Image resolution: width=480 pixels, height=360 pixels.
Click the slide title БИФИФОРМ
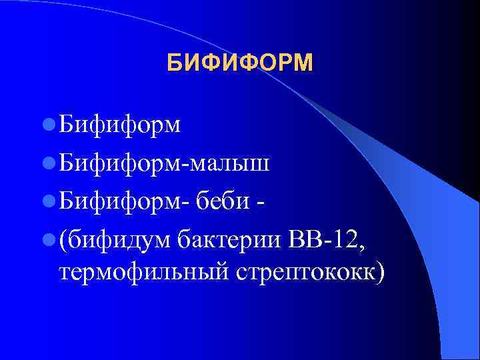click(x=239, y=63)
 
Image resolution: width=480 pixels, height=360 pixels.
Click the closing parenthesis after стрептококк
click(x=381, y=273)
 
